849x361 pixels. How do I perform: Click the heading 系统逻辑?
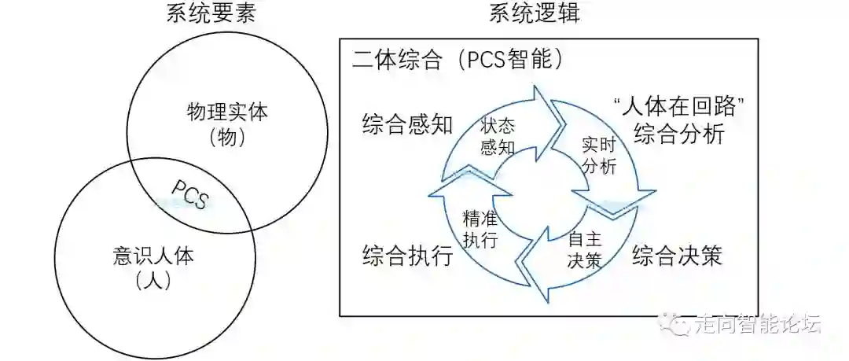[x=535, y=13]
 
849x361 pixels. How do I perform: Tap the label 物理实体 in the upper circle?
[x=227, y=111]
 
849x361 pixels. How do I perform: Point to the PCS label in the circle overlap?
[x=189, y=194]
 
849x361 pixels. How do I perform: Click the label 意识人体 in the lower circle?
[x=153, y=256]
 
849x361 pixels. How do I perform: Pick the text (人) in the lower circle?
[x=153, y=280]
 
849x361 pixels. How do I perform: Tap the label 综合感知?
[x=408, y=124]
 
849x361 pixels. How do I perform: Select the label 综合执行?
[x=408, y=256]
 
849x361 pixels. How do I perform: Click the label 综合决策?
[x=677, y=256]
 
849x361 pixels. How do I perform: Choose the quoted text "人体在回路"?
[x=678, y=105]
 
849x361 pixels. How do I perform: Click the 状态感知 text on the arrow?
[x=498, y=135]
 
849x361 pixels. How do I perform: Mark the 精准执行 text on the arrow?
[x=481, y=230]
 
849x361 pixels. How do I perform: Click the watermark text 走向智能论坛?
[x=758, y=323]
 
